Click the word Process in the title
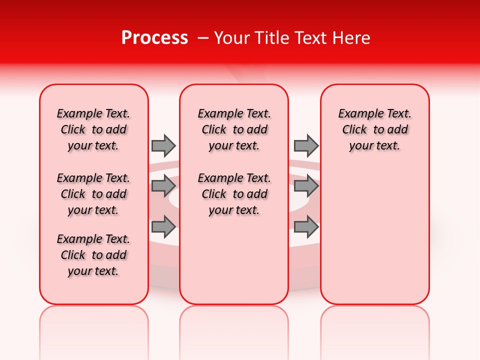154,38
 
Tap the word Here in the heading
352,38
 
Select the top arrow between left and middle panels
163,145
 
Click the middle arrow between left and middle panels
163,186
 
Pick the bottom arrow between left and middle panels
163,226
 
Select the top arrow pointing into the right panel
306,145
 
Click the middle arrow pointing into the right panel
306,186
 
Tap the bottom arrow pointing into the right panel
306,226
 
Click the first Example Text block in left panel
93,129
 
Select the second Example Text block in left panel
93,194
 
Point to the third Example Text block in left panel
93,255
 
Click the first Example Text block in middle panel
234,129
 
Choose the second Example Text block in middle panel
234,194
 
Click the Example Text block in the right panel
374,129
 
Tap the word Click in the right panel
354,129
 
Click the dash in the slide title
203,38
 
